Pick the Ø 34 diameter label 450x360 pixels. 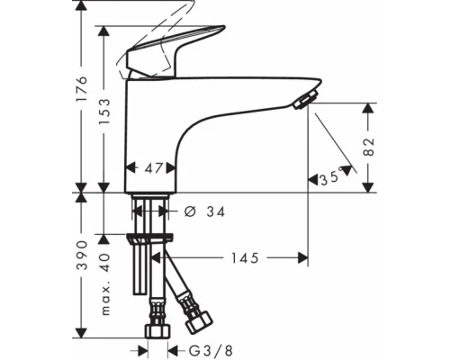tap(202, 211)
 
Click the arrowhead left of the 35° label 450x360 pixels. tap(312, 179)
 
